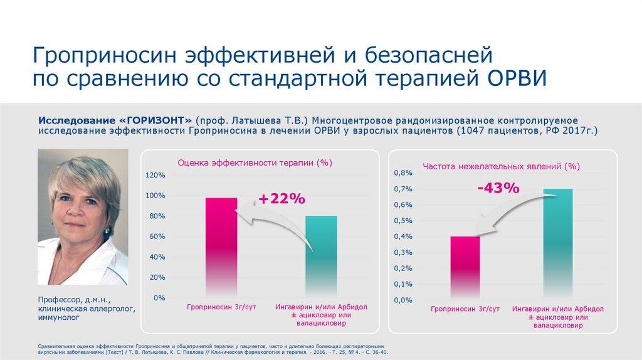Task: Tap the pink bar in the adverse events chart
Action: [465, 268]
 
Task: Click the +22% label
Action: [281, 199]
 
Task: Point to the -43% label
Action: [498, 188]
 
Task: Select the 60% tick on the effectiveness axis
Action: [157, 236]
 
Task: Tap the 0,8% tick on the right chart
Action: [403, 172]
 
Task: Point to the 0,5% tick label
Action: [403, 221]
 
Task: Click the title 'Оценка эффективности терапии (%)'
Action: [255, 162]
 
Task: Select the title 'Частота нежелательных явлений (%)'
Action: [501, 166]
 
